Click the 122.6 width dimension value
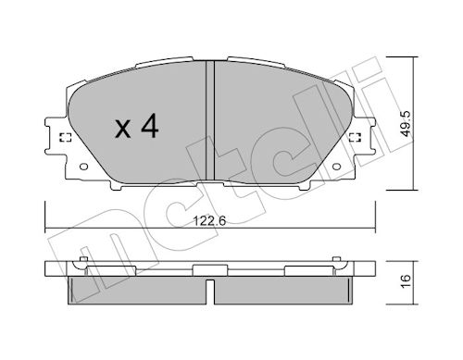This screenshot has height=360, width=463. tap(209, 220)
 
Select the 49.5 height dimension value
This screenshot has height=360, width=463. tap(407, 124)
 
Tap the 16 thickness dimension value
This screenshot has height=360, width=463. tap(407, 280)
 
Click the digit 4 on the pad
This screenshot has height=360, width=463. tap(150, 126)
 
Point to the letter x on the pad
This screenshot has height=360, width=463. tap(123, 130)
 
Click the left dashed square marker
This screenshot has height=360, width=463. tap(65, 138)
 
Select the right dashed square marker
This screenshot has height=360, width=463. tap(356, 138)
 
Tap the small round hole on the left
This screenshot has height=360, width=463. tap(83, 167)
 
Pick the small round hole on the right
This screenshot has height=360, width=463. tap(336, 167)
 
